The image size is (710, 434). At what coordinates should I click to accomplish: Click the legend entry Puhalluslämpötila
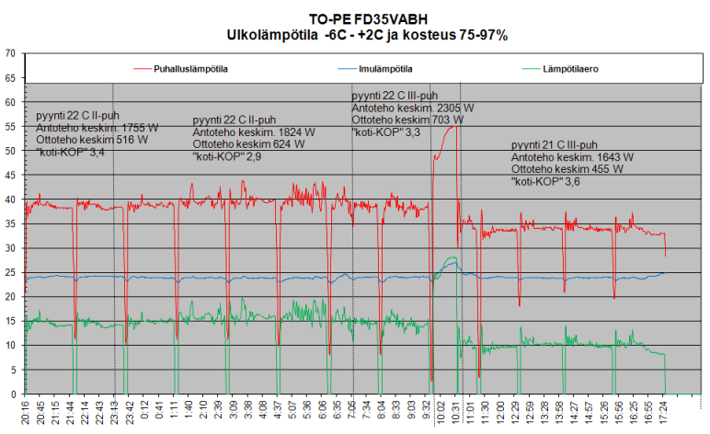pyautogui.click(x=190, y=69)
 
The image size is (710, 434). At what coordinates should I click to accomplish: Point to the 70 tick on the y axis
pyautogui.click(x=10, y=53)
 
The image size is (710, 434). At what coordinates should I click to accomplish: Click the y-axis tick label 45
pyautogui.click(x=10, y=175)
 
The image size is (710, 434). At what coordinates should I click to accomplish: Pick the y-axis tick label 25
pyautogui.click(x=10, y=272)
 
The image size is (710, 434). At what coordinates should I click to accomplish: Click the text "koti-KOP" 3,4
pyautogui.click(x=70, y=153)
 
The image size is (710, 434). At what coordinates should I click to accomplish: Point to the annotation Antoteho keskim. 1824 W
pyautogui.click(x=254, y=132)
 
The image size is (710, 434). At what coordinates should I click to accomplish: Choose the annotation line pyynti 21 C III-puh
pyautogui.click(x=555, y=145)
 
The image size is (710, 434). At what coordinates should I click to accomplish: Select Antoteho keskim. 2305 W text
pyautogui.click(x=413, y=108)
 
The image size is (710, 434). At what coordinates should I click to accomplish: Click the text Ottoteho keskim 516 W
pyautogui.click(x=91, y=141)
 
